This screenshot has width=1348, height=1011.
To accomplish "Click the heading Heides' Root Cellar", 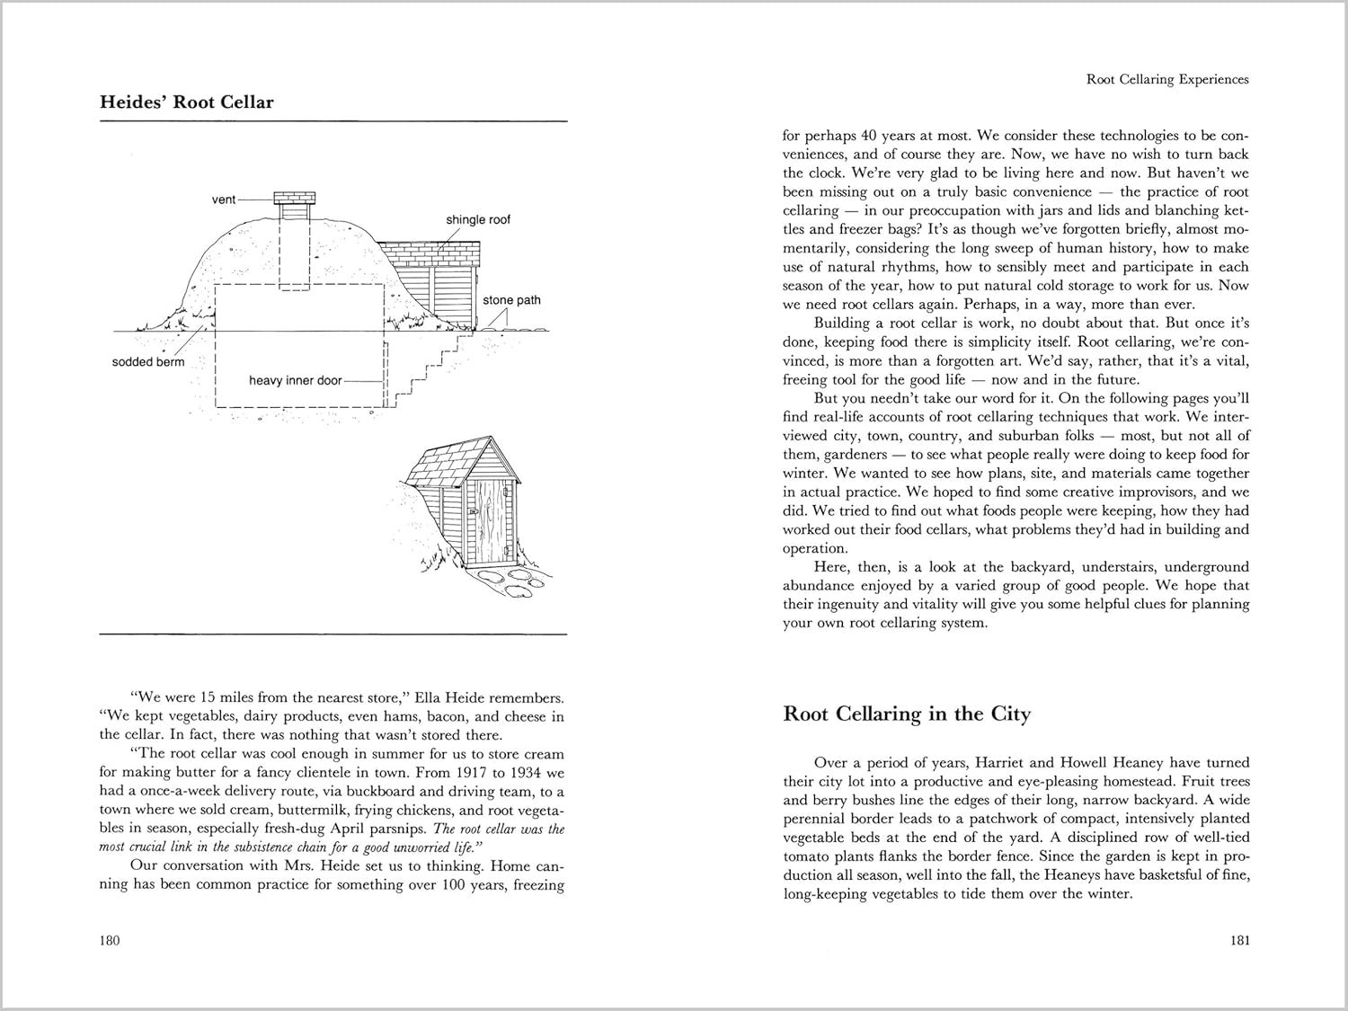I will (x=187, y=102).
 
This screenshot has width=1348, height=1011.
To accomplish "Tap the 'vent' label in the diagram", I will (x=224, y=200).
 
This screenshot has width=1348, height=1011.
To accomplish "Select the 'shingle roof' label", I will (x=477, y=220).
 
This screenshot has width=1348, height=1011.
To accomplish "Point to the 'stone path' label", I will (x=511, y=300).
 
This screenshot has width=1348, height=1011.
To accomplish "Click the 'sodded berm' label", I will (x=148, y=362).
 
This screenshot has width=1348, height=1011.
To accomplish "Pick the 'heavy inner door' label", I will (x=295, y=381).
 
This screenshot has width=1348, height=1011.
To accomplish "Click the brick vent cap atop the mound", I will (x=295, y=198).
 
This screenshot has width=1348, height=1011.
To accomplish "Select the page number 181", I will (x=1238, y=941).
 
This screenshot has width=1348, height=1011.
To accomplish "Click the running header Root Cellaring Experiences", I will (x=1167, y=80).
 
